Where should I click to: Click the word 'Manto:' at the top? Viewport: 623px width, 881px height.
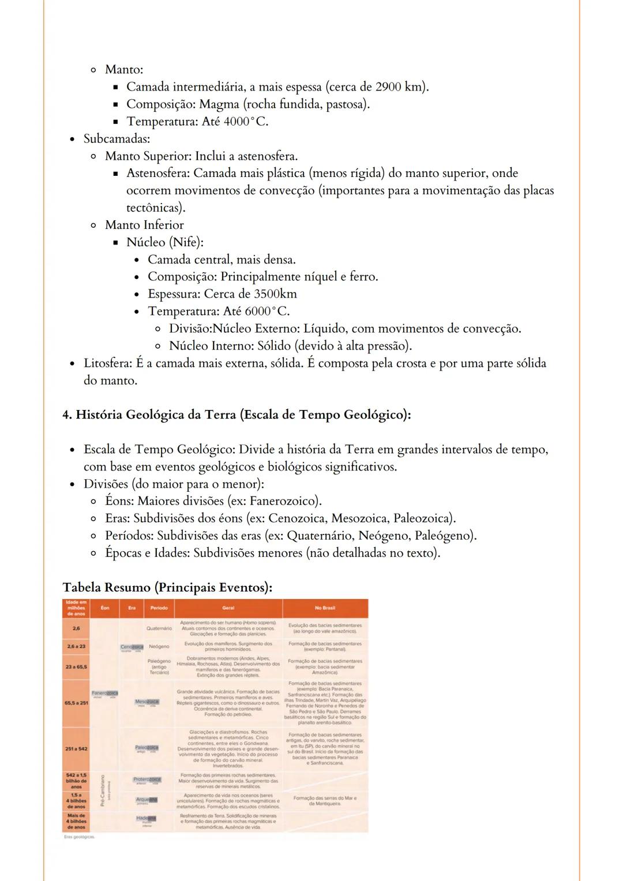click(x=123, y=70)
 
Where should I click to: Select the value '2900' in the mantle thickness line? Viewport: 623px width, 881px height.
click(x=388, y=87)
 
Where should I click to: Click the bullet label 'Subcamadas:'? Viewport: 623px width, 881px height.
click(x=117, y=139)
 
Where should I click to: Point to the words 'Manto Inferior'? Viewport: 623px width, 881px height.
click(x=144, y=225)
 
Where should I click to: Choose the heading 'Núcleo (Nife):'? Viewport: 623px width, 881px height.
click(x=165, y=243)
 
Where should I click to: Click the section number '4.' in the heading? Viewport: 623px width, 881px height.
click(x=67, y=415)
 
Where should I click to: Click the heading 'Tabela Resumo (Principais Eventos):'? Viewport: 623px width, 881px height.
click(x=167, y=588)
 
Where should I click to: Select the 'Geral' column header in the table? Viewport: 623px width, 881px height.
click(x=228, y=608)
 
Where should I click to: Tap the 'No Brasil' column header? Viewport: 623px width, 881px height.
click(x=325, y=608)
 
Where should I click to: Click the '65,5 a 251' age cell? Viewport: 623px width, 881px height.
click(x=76, y=703)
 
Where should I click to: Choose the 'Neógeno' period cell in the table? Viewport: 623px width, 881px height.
click(x=159, y=647)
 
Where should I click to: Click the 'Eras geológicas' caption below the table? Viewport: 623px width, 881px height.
click(x=80, y=838)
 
